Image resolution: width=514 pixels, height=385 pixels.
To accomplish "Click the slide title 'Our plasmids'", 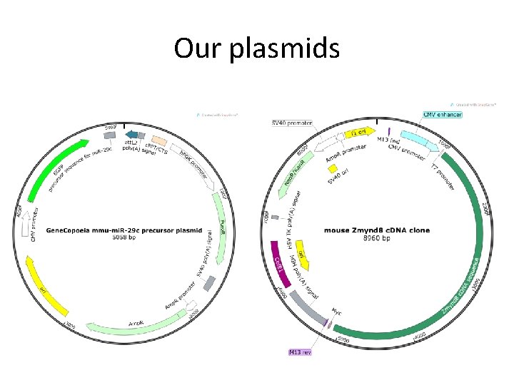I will pyautogui.click(x=257, y=48).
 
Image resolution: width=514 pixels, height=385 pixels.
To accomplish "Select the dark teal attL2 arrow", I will pyautogui.click(x=131, y=135).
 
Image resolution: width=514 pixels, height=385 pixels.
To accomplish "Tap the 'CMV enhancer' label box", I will pyautogui.click(x=443, y=115).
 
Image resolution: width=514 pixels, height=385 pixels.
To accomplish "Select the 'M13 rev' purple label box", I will pyautogui.click(x=300, y=351).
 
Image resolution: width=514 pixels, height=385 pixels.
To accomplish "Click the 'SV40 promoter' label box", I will pyautogui.click(x=292, y=123).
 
